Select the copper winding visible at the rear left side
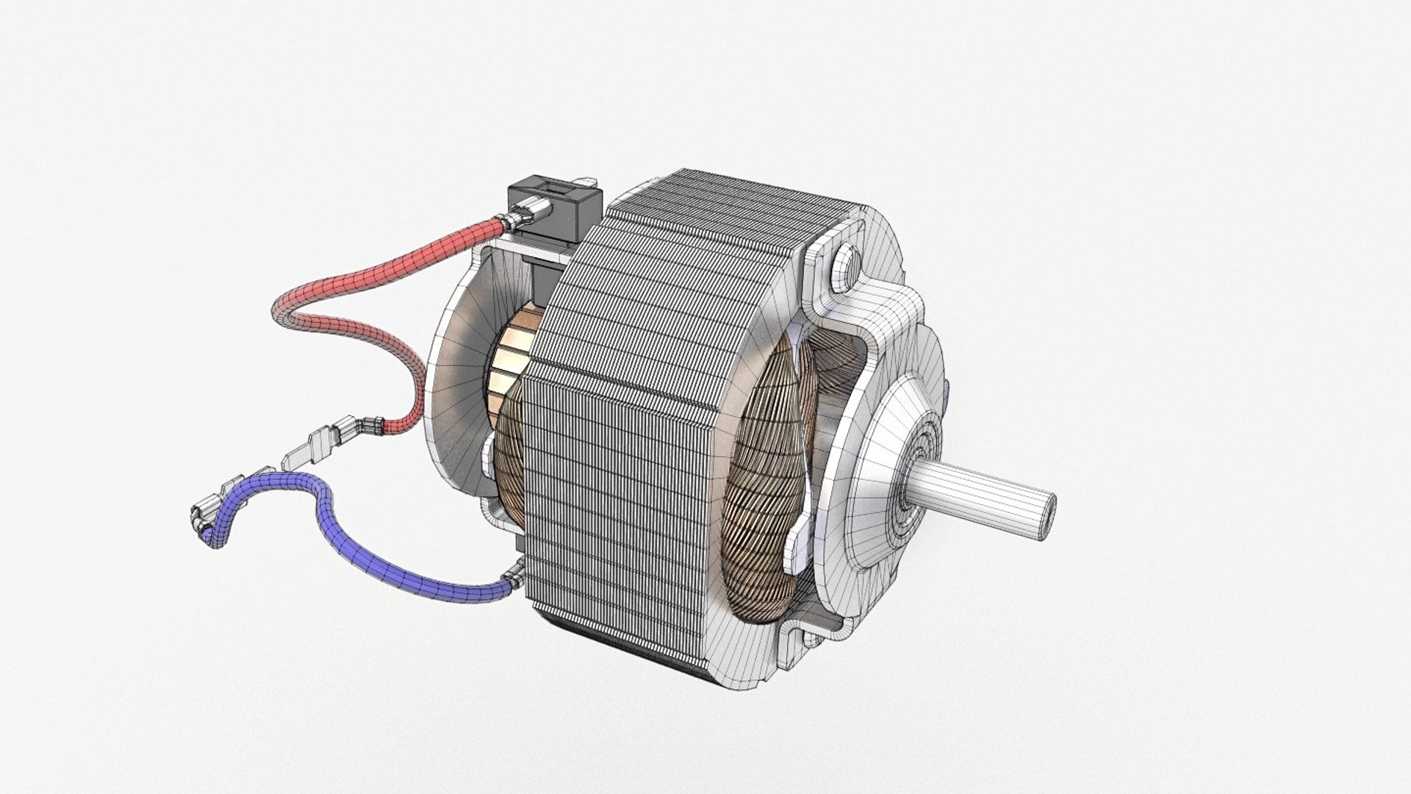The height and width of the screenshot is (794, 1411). click(507, 471)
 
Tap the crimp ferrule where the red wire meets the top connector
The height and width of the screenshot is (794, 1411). click(506, 217)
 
